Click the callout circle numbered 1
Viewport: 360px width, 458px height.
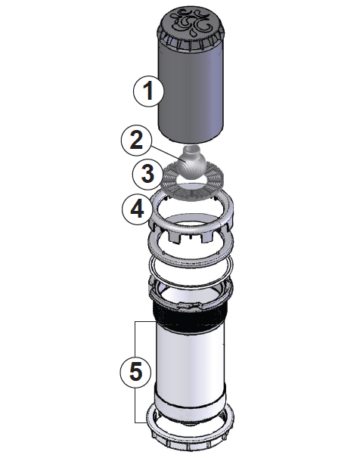[149, 91]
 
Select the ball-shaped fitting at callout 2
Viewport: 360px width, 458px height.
[194, 160]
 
